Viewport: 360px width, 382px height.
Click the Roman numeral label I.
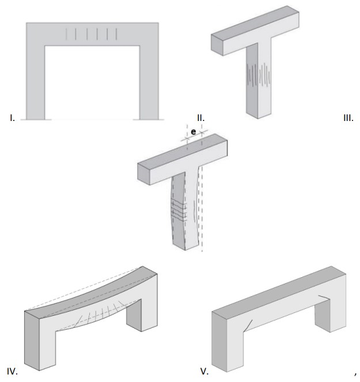[12, 118]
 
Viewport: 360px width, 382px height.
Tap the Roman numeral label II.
[201, 118]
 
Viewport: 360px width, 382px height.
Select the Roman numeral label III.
[348, 118]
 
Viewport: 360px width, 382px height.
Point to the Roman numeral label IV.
[12, 372]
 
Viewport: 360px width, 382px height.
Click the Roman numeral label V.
[204, 372]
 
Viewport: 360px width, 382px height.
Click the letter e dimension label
[194, 132]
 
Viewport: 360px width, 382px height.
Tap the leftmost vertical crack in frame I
[66, 34]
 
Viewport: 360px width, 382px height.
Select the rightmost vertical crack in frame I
[116, 34]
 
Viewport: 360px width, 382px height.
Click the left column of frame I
[36, 82]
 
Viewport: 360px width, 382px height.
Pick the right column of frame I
[149, 82]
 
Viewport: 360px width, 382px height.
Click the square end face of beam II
[217, 45]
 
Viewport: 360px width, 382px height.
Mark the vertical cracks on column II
[259, 75]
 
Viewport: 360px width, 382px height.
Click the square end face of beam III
[143, 174]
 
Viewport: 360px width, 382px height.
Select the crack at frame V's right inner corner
[324, 297]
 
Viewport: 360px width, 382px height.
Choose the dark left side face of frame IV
[32, 341]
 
